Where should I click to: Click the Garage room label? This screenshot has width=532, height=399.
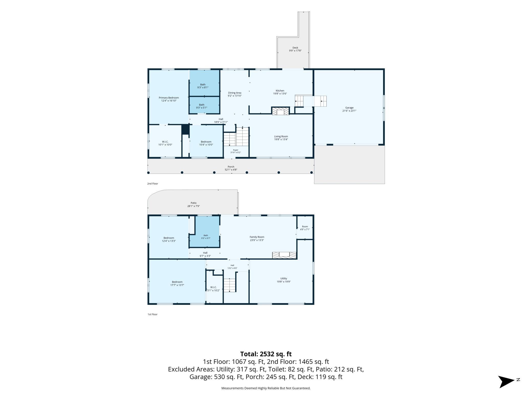tap(349, 108)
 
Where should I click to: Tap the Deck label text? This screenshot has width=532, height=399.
tap(295, 48)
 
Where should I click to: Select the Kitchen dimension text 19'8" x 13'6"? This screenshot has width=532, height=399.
tap(280, 94)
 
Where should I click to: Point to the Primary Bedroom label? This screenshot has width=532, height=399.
tap(169, 98)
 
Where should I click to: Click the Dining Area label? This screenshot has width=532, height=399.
tap(235, 93)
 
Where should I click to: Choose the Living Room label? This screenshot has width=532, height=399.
tap(281, 136)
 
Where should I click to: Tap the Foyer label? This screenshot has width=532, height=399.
tap(236, 150)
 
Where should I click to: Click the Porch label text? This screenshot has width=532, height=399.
tap(231, 167)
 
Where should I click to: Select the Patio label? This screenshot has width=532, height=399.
tap(194, 203)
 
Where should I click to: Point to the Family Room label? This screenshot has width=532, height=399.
tap(257, 237)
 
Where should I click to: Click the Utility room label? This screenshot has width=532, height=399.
tap(284, 279)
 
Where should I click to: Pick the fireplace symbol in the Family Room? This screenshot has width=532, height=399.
tap(284, 255)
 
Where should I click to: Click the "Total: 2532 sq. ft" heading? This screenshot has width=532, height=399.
tap(266, 354)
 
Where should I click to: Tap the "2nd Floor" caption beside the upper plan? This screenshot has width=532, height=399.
tap(153, 184)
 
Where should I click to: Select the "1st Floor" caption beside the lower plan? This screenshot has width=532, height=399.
tap(152, 314)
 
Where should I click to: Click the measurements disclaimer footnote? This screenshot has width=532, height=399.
tap(266, 388)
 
